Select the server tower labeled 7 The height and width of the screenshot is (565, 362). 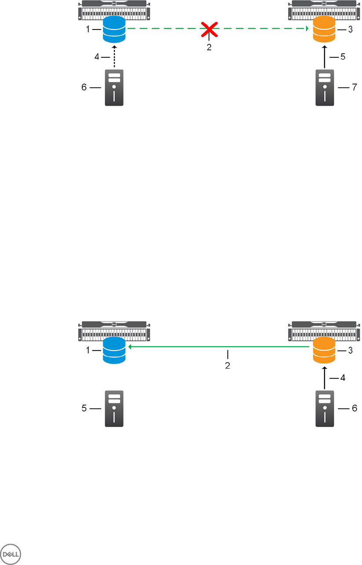(325, 88)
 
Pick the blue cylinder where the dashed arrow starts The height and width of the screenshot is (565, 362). (114, 30)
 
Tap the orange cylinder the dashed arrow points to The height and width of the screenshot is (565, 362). (325, 30)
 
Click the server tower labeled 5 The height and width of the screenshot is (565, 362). (114, 408)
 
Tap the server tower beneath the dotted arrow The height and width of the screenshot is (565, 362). (114, 88)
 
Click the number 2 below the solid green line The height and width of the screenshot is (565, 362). (227, 366)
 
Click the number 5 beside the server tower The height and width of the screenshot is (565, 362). (84, 408)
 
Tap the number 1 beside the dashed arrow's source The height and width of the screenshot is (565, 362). (88, 30)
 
